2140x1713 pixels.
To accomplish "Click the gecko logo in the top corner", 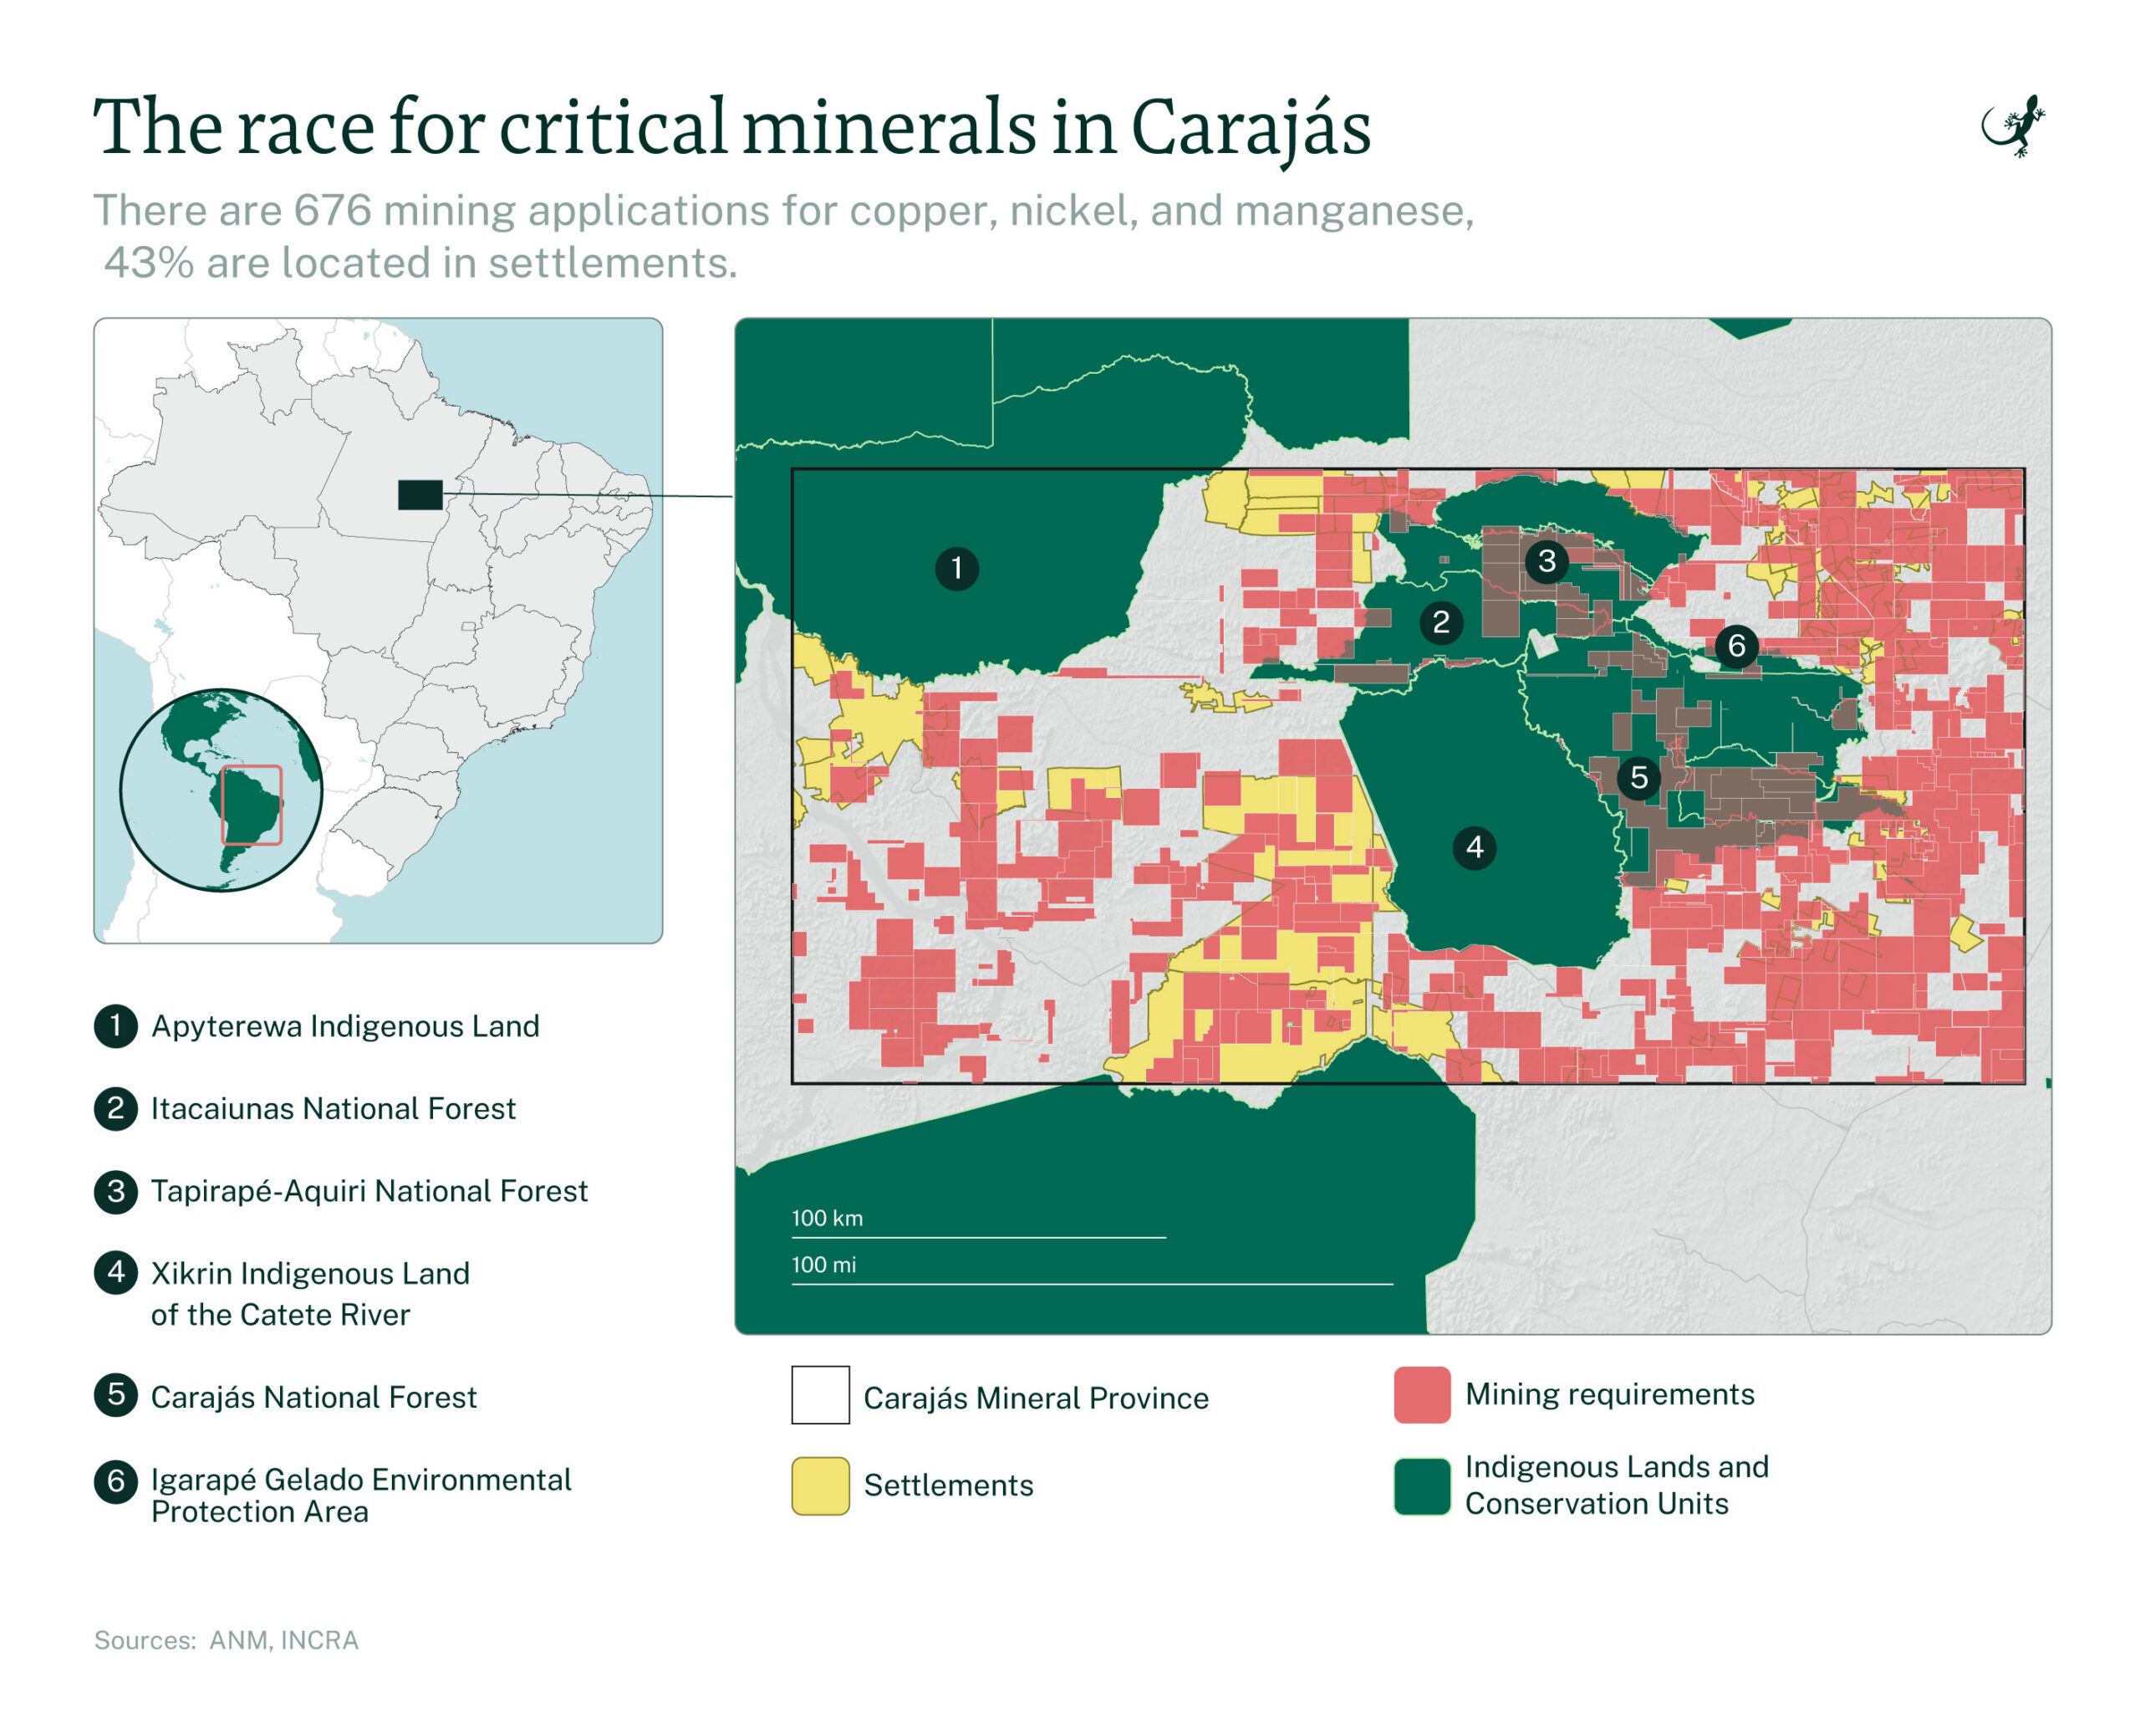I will (x=2013, y=127).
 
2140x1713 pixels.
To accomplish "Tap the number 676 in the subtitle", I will (x=333, y=211).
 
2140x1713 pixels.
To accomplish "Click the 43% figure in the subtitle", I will (x=149, y=263).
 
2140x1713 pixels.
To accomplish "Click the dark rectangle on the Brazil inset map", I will (x=420, y=494).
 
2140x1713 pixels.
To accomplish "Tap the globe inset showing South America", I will (x=222, y=790).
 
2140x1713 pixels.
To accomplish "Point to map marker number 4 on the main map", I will (x=1474, y=847).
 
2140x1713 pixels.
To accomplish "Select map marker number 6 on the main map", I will (x=1736, y=647).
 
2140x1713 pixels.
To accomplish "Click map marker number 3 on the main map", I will (x=1546, y=561).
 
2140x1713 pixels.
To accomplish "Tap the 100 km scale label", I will (x=827, y=1219).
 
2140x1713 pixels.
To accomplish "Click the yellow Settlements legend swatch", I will (x=820, y=1485).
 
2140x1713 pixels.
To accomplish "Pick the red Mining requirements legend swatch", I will (x=1421, y=1395).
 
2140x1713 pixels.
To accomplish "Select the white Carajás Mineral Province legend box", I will (x=820, y=1395).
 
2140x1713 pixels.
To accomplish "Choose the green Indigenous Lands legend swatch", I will (x=1421, y=1485).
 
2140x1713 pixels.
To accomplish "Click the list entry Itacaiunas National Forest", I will (x=333, y=1108).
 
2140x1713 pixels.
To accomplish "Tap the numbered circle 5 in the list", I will (x=116, y=1395).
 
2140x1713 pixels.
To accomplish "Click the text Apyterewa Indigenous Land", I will (x=344, y=1025).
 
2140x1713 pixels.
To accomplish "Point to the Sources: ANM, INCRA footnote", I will (x=227, y=1640).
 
